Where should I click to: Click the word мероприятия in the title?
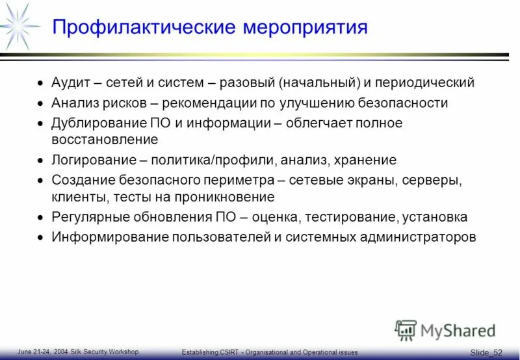pos(305,27)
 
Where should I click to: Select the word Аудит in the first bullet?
pos(71,83)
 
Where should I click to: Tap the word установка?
pos(435,217)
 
